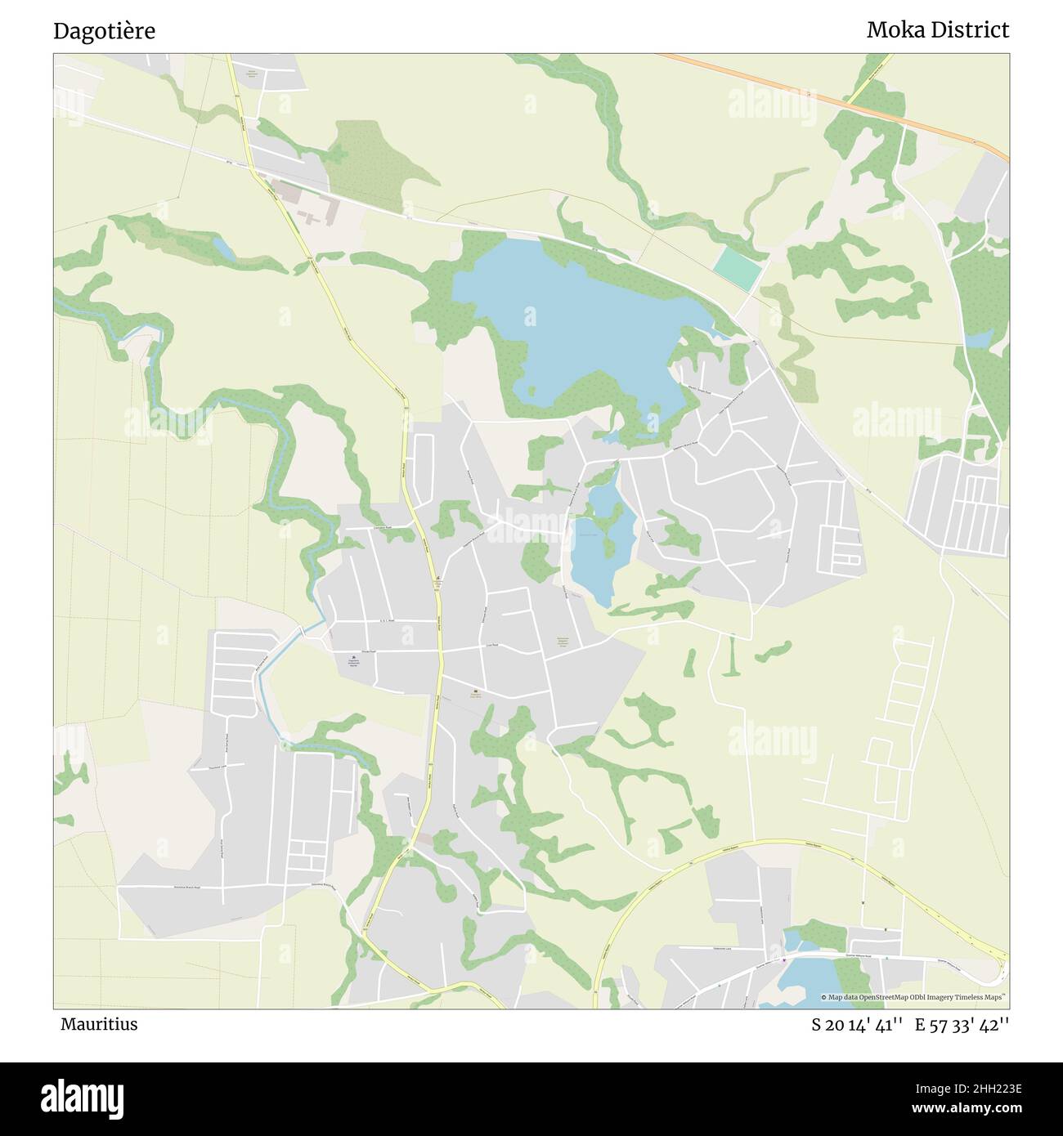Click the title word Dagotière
pyautogui.click(x=104, y=31)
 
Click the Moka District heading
pyautogui.click(x=937, y=30)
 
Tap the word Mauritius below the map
pyautogui.click(x=98, y=1024)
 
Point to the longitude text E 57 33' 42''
pyautogui.click(x=962, y=1025)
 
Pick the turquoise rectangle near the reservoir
pyautogui.click(x=739, y=266)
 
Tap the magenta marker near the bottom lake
pyautogui.click(x=784, y=959)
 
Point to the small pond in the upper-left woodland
pyautogui.click(x=222, y=248)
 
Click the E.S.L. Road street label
pyautogui.click(x=387, y=621)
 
